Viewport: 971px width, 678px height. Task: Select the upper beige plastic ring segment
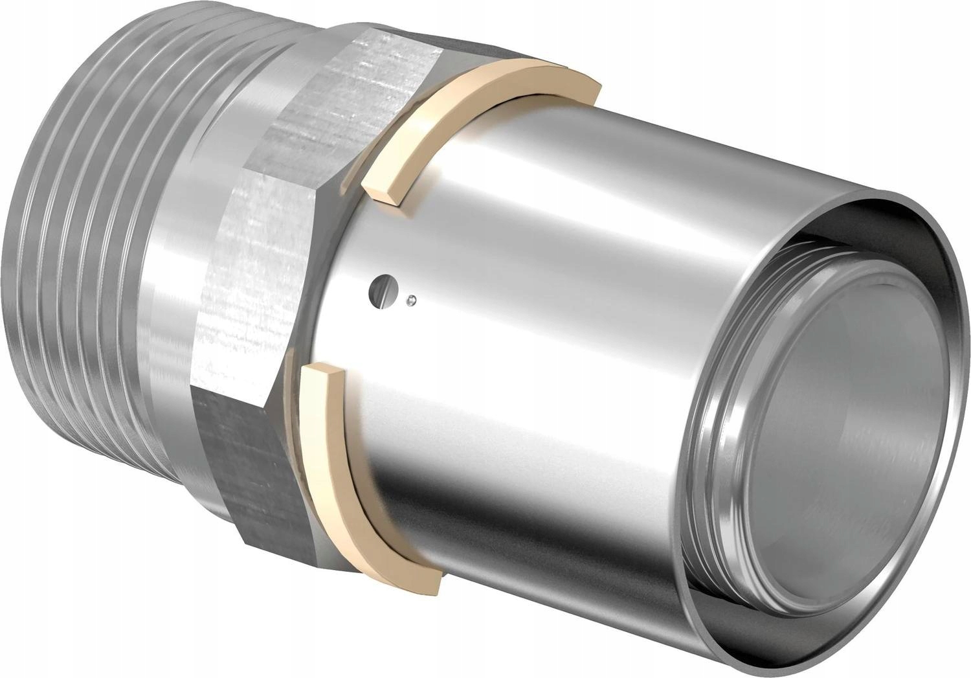point(492,91)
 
